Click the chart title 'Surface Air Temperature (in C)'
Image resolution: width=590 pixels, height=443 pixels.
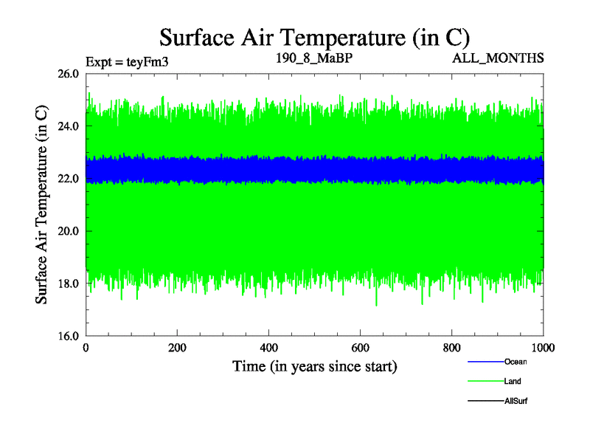click(315, 37)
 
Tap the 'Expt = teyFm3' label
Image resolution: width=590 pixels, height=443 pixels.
click(128, 62)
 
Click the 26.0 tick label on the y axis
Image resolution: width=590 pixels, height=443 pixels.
click(69, 74)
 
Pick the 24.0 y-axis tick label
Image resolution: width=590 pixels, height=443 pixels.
click(69, 126)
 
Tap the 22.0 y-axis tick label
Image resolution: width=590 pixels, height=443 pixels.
click(69, 179)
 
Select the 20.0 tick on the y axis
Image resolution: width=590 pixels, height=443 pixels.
click(69, 231)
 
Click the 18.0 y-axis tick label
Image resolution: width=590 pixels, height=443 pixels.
click(69, 284)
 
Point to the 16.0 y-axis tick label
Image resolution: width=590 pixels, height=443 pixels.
click(69, 336)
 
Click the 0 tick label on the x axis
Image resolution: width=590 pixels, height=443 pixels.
click(86, 348)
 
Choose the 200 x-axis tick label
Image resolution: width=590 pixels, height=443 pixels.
click(178, 348)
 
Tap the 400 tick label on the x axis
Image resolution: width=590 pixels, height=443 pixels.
click(269, 348)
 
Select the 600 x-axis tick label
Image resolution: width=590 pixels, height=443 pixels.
click(361, 348)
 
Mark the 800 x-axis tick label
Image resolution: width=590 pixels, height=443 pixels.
click(452, 348)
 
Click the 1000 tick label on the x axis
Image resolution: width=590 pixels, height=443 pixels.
click(544, 348)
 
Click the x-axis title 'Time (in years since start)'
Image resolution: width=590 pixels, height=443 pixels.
click(315, 366)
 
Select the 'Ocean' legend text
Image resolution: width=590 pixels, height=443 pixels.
click(516, 362)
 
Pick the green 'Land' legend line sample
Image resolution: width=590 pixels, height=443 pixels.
click(485, 382)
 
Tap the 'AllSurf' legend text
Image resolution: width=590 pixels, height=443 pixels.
click(516, 401)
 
